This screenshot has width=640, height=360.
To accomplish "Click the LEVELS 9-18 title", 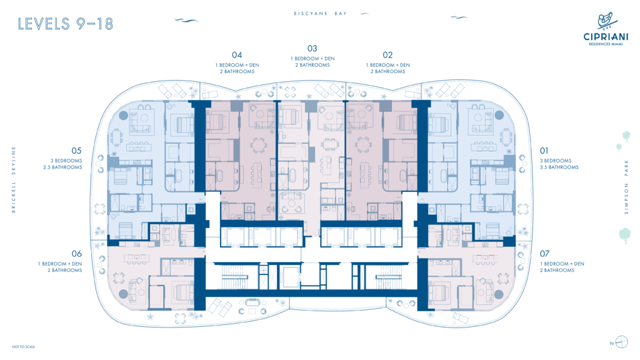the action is [65, 24].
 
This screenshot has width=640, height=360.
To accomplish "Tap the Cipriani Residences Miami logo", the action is [606, 29].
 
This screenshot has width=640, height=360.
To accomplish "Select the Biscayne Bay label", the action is [320, 14].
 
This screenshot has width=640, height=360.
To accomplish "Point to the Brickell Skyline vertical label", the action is [14, 179].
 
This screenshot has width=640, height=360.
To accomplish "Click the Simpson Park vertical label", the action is [626, 187].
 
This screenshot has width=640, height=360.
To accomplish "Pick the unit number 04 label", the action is [237, 55].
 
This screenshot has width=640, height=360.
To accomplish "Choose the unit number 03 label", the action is [312, 49].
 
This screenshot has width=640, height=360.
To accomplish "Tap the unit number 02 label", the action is [387, 55].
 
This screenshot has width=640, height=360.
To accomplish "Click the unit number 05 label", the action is [76, 151].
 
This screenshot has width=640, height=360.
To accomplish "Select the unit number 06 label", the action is [76, 254].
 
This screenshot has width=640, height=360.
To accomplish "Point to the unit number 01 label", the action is [544, 151].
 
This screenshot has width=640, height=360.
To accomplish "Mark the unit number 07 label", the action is [544, 254].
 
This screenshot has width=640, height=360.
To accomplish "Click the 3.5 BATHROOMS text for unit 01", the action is [559, 167].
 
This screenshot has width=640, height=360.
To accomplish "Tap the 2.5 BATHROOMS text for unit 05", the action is [62, 167].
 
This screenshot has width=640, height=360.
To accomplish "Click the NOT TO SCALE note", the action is [23, 347].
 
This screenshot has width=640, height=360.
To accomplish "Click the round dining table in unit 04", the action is [258, 145].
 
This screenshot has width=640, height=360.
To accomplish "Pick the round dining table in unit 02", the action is [363, 145].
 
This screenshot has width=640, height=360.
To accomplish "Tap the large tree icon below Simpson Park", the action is [625, 236].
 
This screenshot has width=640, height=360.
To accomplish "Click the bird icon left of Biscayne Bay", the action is [186, 20].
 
